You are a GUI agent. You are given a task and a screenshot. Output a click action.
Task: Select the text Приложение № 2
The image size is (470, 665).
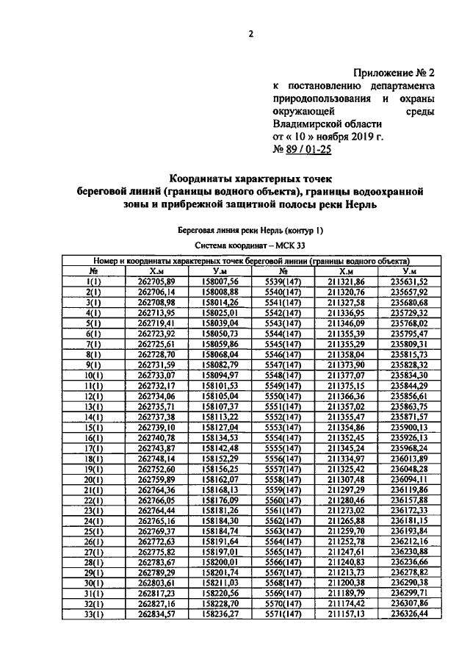coord(395,73)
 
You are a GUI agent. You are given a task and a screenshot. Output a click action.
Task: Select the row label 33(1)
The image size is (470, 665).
coord(93,614)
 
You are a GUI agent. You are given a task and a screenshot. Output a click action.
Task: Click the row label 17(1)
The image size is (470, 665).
coord(93,447)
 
